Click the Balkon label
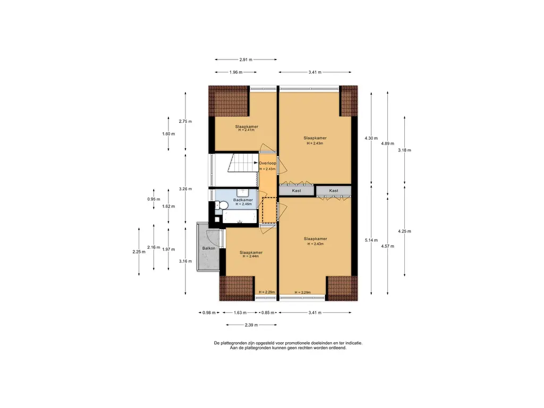tap(208, 249)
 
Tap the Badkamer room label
tap(243, 200)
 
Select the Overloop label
tap(268, 163)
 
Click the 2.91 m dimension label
tap(245, 59)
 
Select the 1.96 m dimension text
tap(236, 72)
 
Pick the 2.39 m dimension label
tap(251, 325)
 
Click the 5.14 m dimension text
tap(371, 240)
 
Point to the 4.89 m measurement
tap(387, 143)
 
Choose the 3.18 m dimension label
tap(404, 150)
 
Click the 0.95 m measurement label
tap(154, 199)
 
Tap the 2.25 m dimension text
tap(139, 252)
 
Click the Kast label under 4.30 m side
tap(334, 191)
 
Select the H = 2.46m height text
tap(243, 205)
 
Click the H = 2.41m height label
tap(246, 130)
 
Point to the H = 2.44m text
tap(251, 257)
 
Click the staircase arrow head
tap(256, 163)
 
